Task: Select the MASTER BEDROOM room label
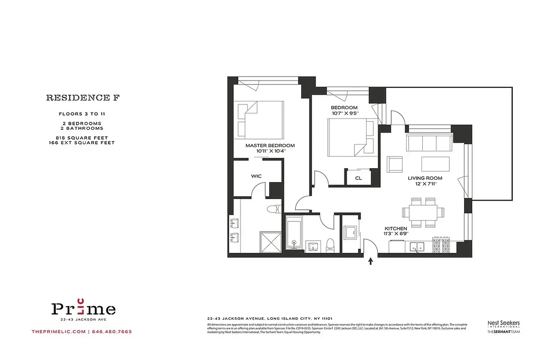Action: (x=270, y=145)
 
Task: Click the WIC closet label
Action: (x=256, y=176)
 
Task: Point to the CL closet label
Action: (x=358, y=178)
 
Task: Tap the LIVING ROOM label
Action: (x=425, y=178)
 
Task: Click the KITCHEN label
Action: (x=396, y=229)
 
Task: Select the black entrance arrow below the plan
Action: (x=371, y=261)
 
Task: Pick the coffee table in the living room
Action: (x=435, y=164)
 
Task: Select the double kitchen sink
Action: (x=419, y=246)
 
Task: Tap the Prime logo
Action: (x=83, y=309)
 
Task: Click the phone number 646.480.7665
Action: (x=112, y=332)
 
